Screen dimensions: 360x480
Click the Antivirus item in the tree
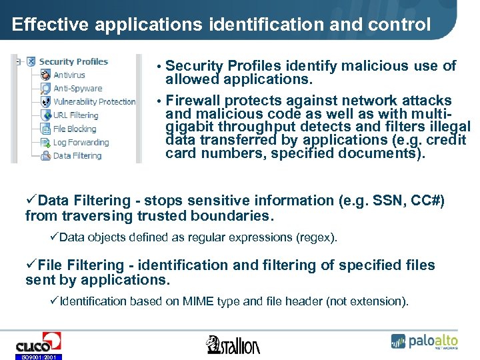click(69, 75)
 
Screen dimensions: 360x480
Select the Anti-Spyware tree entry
click(77, 89)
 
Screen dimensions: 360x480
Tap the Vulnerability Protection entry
click(94, 102)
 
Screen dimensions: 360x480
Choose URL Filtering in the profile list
click(75, 115)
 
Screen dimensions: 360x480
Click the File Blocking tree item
click(75, 129)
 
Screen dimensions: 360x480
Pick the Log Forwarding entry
click(80, 142)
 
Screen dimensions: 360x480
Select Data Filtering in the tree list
click(77, 155)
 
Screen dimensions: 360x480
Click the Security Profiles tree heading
click(73, 62)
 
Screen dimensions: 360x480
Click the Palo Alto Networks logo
click(424, 341)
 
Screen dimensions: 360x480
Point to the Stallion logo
click(233, 344)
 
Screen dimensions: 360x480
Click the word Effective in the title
click(51, 25)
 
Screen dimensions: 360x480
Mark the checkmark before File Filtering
click(31, 265)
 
